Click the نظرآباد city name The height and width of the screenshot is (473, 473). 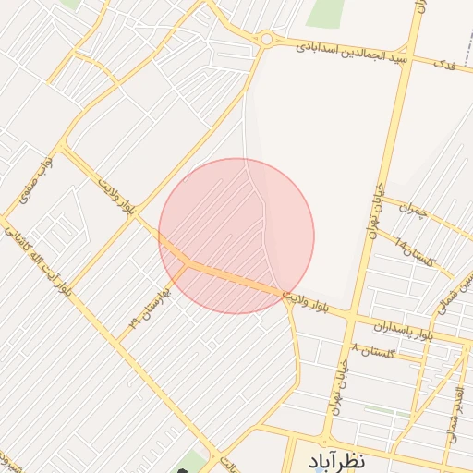(334, 459)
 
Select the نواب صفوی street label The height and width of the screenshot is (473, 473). (34, 177)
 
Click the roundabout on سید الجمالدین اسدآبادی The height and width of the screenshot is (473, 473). (268, 39)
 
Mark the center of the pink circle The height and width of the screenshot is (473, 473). (236, 236)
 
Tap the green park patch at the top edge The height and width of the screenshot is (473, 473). (325, 12)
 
